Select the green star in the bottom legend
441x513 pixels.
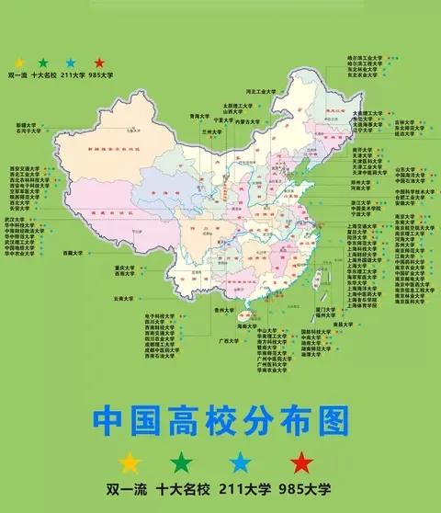pyautogui.click(x=185, y=462)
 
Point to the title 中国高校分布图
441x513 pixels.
pyautogui.click(x=220, y=422)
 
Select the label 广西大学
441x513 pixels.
pyautogui.click(x=228, y=340)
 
